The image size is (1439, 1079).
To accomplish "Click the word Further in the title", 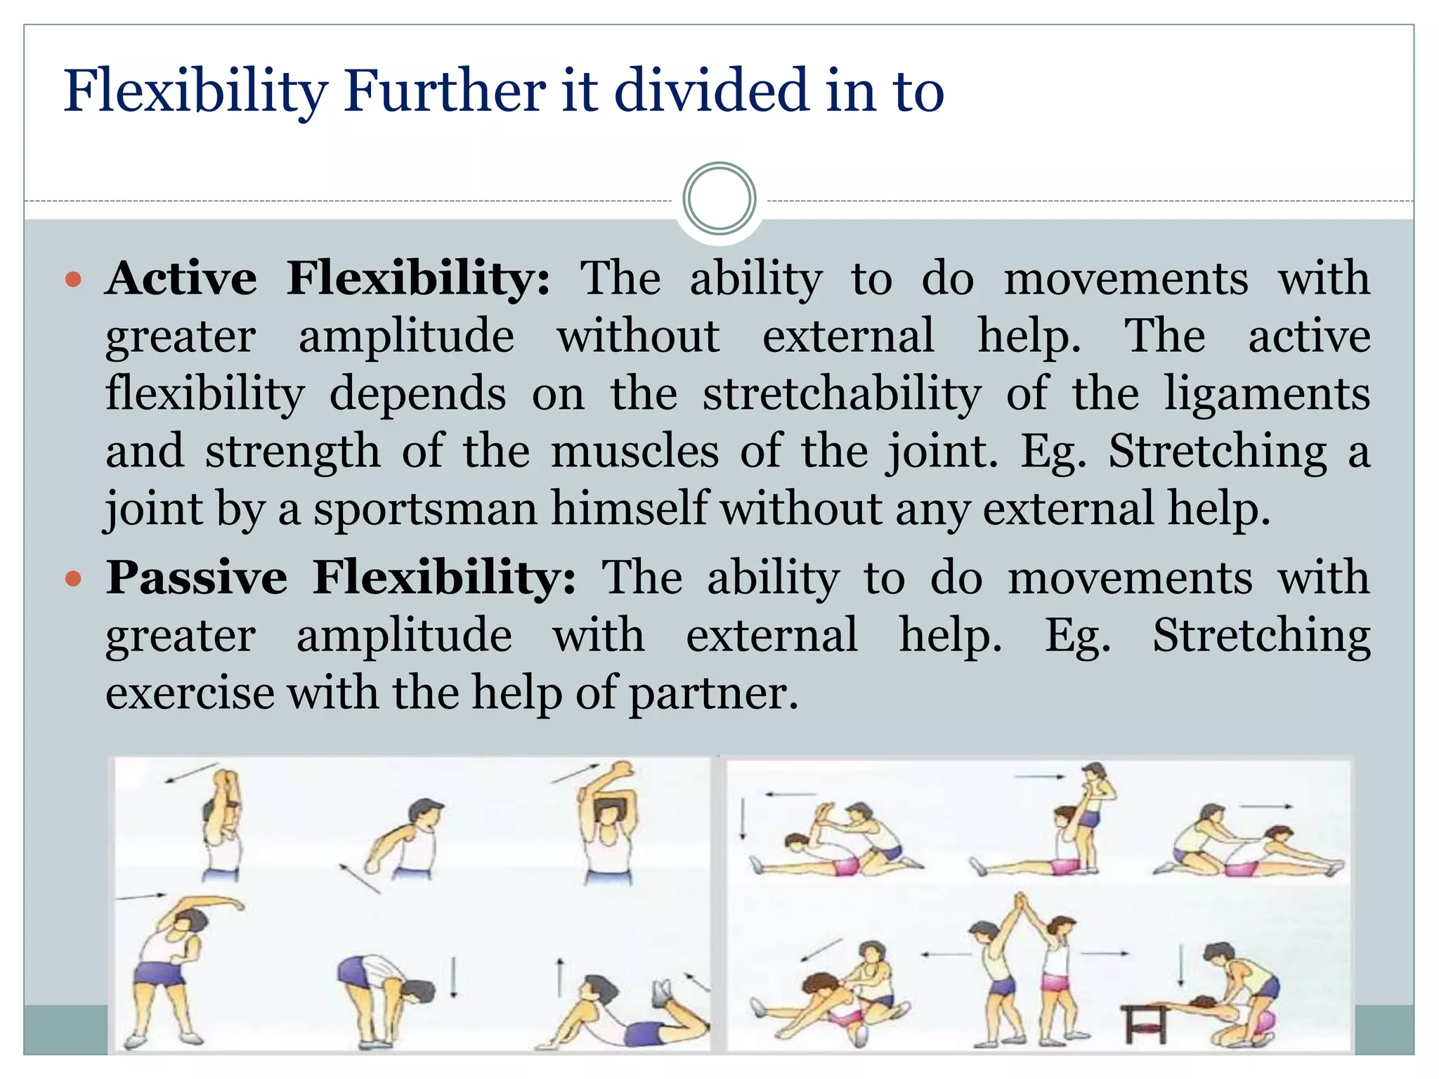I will pyautogui.click(x=444, y=91).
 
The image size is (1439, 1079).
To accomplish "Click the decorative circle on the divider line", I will pyautogui.click(x=719, y=199).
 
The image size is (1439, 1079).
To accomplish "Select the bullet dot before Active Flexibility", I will pyautogui.click(x=73, y=280).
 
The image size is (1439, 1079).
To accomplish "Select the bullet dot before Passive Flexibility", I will pyautogui.click(x=73, y=580).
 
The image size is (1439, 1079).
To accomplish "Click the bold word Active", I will pyautogui.click(x=181, y=278).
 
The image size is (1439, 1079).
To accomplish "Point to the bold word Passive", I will pyautogui.click(x=197, y=578).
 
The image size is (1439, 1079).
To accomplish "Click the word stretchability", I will pyautogui.click(x=841, y=393).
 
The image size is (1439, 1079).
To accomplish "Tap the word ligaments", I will pyautogui.click(x=1266, y=395).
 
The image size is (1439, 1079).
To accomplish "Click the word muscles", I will pyautogui.click(x=634, y=451).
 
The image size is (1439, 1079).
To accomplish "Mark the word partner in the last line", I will pyautogui.click(x=712, y=694).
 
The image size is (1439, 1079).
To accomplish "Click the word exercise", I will pyautogui.click(x=190, y=693).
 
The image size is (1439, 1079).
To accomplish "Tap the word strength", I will pyautogui.click(x=292, y=452).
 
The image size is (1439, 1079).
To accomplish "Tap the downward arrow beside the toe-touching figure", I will pyautogui.click(x=454, y=977).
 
